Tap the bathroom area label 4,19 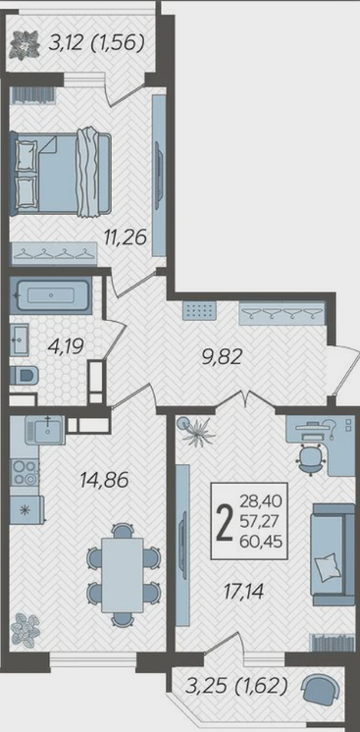coord(66,346)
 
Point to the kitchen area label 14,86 coord(104,480)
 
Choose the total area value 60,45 coord(262,542)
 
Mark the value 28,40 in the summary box coord(262,502)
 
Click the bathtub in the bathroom coord(51,295)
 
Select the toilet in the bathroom coord(24,375)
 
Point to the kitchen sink coord(45,431)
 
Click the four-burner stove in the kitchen coord(25,472)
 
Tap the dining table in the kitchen coord(123,574)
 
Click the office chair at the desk coord(310,458)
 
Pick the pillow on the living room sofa coord(326,566)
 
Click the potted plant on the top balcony coord(26,43)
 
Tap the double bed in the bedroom coord(61,174)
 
